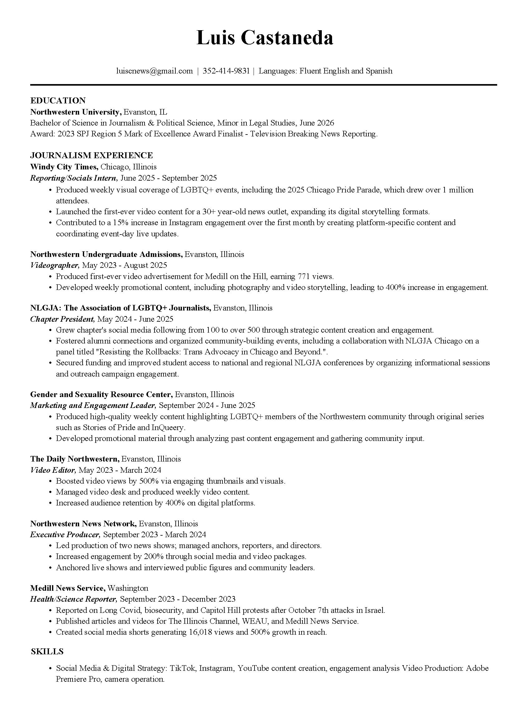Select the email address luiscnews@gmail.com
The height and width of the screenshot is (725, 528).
click(x=155, y=71)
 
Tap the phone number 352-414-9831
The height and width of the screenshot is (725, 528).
click(x=226, y=71)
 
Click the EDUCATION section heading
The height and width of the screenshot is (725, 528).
click(x=58, y=101)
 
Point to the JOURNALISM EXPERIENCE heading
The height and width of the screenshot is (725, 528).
click(x=92, y=155)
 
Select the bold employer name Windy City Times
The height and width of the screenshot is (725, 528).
click(x=64, y=167)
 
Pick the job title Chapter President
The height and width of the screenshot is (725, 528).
click(x=62, y=319)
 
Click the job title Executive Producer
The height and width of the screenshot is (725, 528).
click(x=65, y=535)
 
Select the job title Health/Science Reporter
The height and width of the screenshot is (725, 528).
click(x=73, y=599)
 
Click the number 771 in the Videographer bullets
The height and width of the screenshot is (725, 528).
click(x=303, y=277)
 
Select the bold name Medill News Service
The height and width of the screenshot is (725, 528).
click(x=68, y=588)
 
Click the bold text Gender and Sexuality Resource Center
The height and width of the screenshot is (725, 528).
click(x=101, y=395)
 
